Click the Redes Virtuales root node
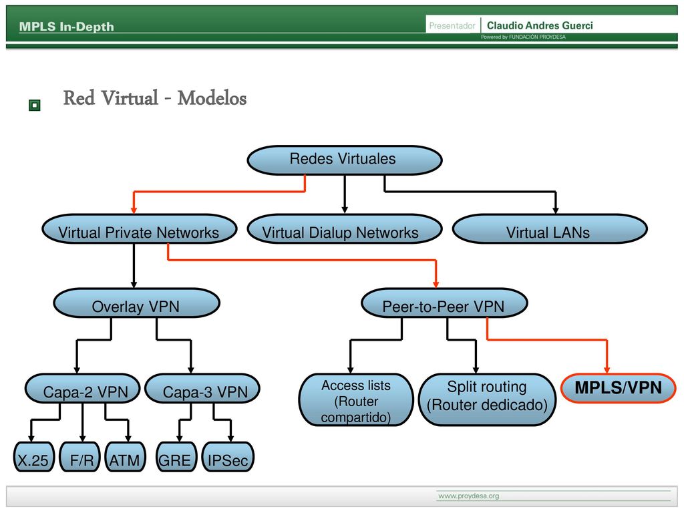(345, 160)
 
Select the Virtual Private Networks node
(140, 229)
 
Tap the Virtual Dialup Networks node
(345, 229)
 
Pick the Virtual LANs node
(550, 229)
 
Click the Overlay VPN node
(136, 303)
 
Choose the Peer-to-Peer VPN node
(444, 303)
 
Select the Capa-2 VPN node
(82, 389)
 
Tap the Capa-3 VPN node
(202, 389)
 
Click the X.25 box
(34, 457)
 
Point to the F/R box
(80, 457)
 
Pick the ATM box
(125, 457)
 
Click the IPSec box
(228, 457)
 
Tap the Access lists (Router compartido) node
(356, 400)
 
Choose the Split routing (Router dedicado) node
(487, 400)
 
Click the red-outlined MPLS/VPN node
(618, 388)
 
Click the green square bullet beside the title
(35, 105)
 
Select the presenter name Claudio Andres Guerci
(540, 26)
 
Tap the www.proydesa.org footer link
(468, 496)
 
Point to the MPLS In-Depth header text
(66, 27)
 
